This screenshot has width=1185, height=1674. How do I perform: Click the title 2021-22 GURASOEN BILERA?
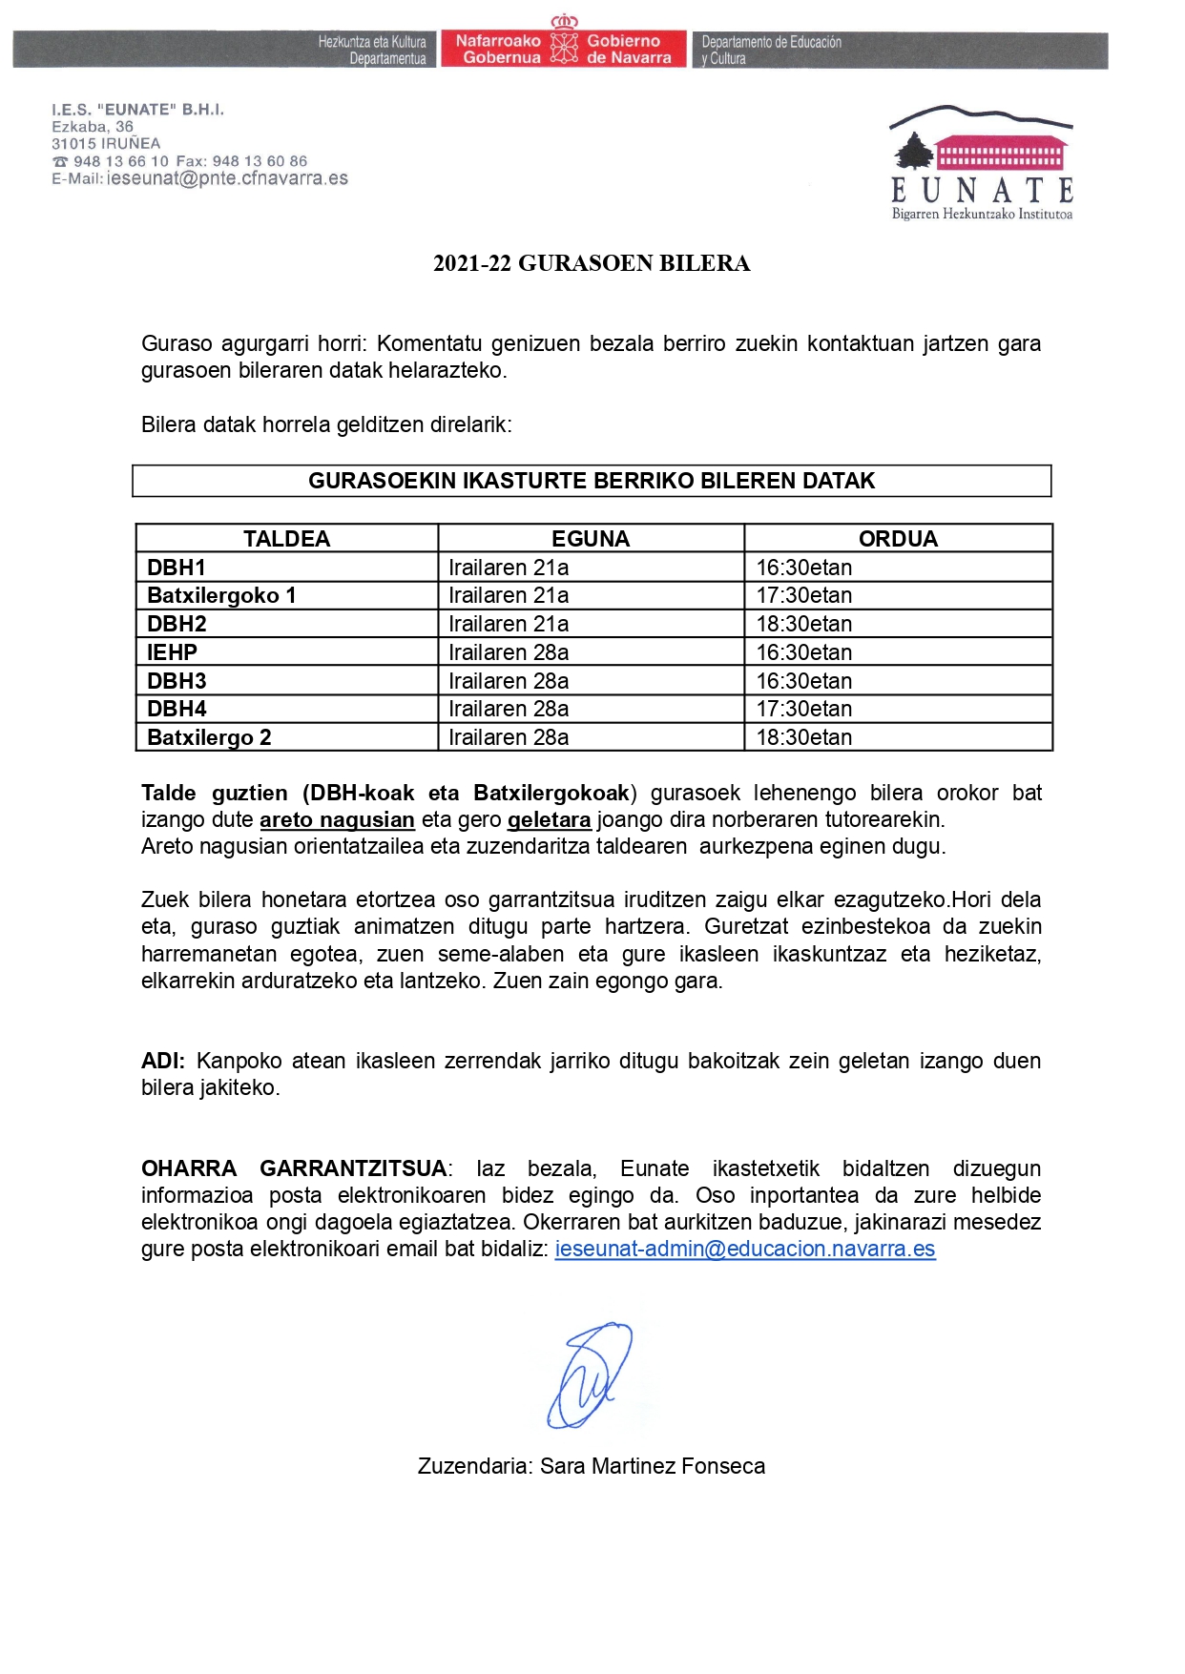coord(592,263)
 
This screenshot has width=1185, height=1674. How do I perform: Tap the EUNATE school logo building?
coord(1000,154)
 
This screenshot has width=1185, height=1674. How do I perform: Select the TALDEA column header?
coord(286,539)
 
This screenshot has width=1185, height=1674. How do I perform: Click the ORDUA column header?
coord(898,539)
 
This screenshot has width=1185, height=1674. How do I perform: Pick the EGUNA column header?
coord(591,539)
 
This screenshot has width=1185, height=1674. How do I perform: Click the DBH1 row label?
coord(177,568)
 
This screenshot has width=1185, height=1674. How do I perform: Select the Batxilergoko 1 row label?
coord(221,595)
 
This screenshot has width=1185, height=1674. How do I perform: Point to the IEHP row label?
coord(172,652)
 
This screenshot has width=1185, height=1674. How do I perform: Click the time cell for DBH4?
coord(804,709)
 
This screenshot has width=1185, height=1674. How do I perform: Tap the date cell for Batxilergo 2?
coord(509,737)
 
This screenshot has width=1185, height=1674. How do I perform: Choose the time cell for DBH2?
coord(804,624)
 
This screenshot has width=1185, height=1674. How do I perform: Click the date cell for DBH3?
coord(509,681)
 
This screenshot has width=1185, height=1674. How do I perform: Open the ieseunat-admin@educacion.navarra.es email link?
coord(745,1249)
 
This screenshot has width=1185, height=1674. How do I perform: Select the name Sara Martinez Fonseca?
coord(653,1466)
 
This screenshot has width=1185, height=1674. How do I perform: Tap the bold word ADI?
coord(163,1061)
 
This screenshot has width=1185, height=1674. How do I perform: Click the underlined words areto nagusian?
coord(337,819)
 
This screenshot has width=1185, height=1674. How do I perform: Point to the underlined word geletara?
coord(549,819)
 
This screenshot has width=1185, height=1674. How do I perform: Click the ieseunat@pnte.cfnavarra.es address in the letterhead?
coord(227,178)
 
